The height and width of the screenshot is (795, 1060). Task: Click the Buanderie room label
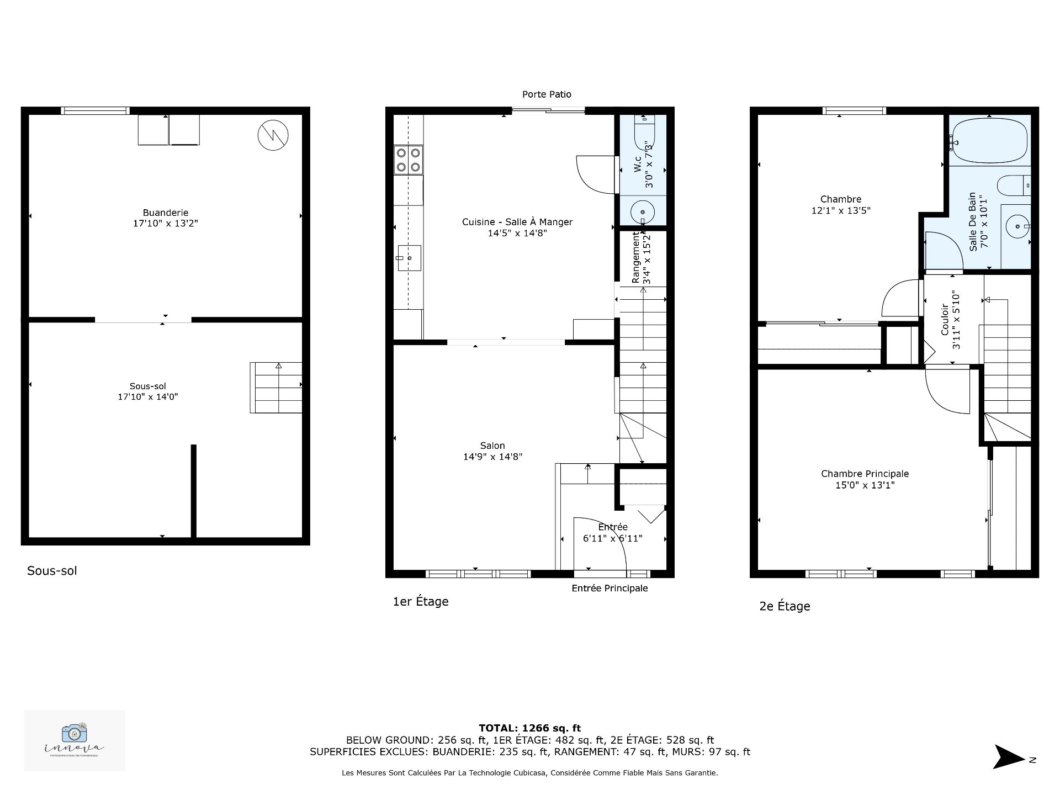[x=165, y=213]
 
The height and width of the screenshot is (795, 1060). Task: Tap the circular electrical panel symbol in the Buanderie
[x=273, y=134]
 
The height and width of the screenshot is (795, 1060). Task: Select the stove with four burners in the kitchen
[x=409, y=160]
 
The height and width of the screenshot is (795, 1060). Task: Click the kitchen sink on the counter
[x=409, y=258]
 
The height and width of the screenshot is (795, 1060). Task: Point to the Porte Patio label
[x=547, y=94]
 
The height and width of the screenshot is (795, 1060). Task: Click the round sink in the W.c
[x=642, y=211]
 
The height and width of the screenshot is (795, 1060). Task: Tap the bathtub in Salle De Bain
[x=989, y=141]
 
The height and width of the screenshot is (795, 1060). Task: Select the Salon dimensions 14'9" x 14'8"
[x=492, y=457]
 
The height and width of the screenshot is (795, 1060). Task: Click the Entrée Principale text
[x=609, y=589]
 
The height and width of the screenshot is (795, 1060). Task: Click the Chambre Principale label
[x=865, y=474]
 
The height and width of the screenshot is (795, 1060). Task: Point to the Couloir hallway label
[x=945, y=320]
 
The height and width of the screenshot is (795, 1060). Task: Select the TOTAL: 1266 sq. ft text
[x=529, y=728]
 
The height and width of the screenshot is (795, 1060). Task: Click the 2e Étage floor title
[x=785, y=606]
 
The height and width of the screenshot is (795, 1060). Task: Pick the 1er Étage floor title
[x=420, y=602]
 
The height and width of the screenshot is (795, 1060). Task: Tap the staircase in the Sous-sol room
[x=276, y=388]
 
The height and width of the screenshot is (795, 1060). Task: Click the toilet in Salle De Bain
[x=1015, y=185]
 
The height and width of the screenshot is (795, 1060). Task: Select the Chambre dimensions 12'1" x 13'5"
[x=840, y=210]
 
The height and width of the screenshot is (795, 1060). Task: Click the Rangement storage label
[x=636, y=257]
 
